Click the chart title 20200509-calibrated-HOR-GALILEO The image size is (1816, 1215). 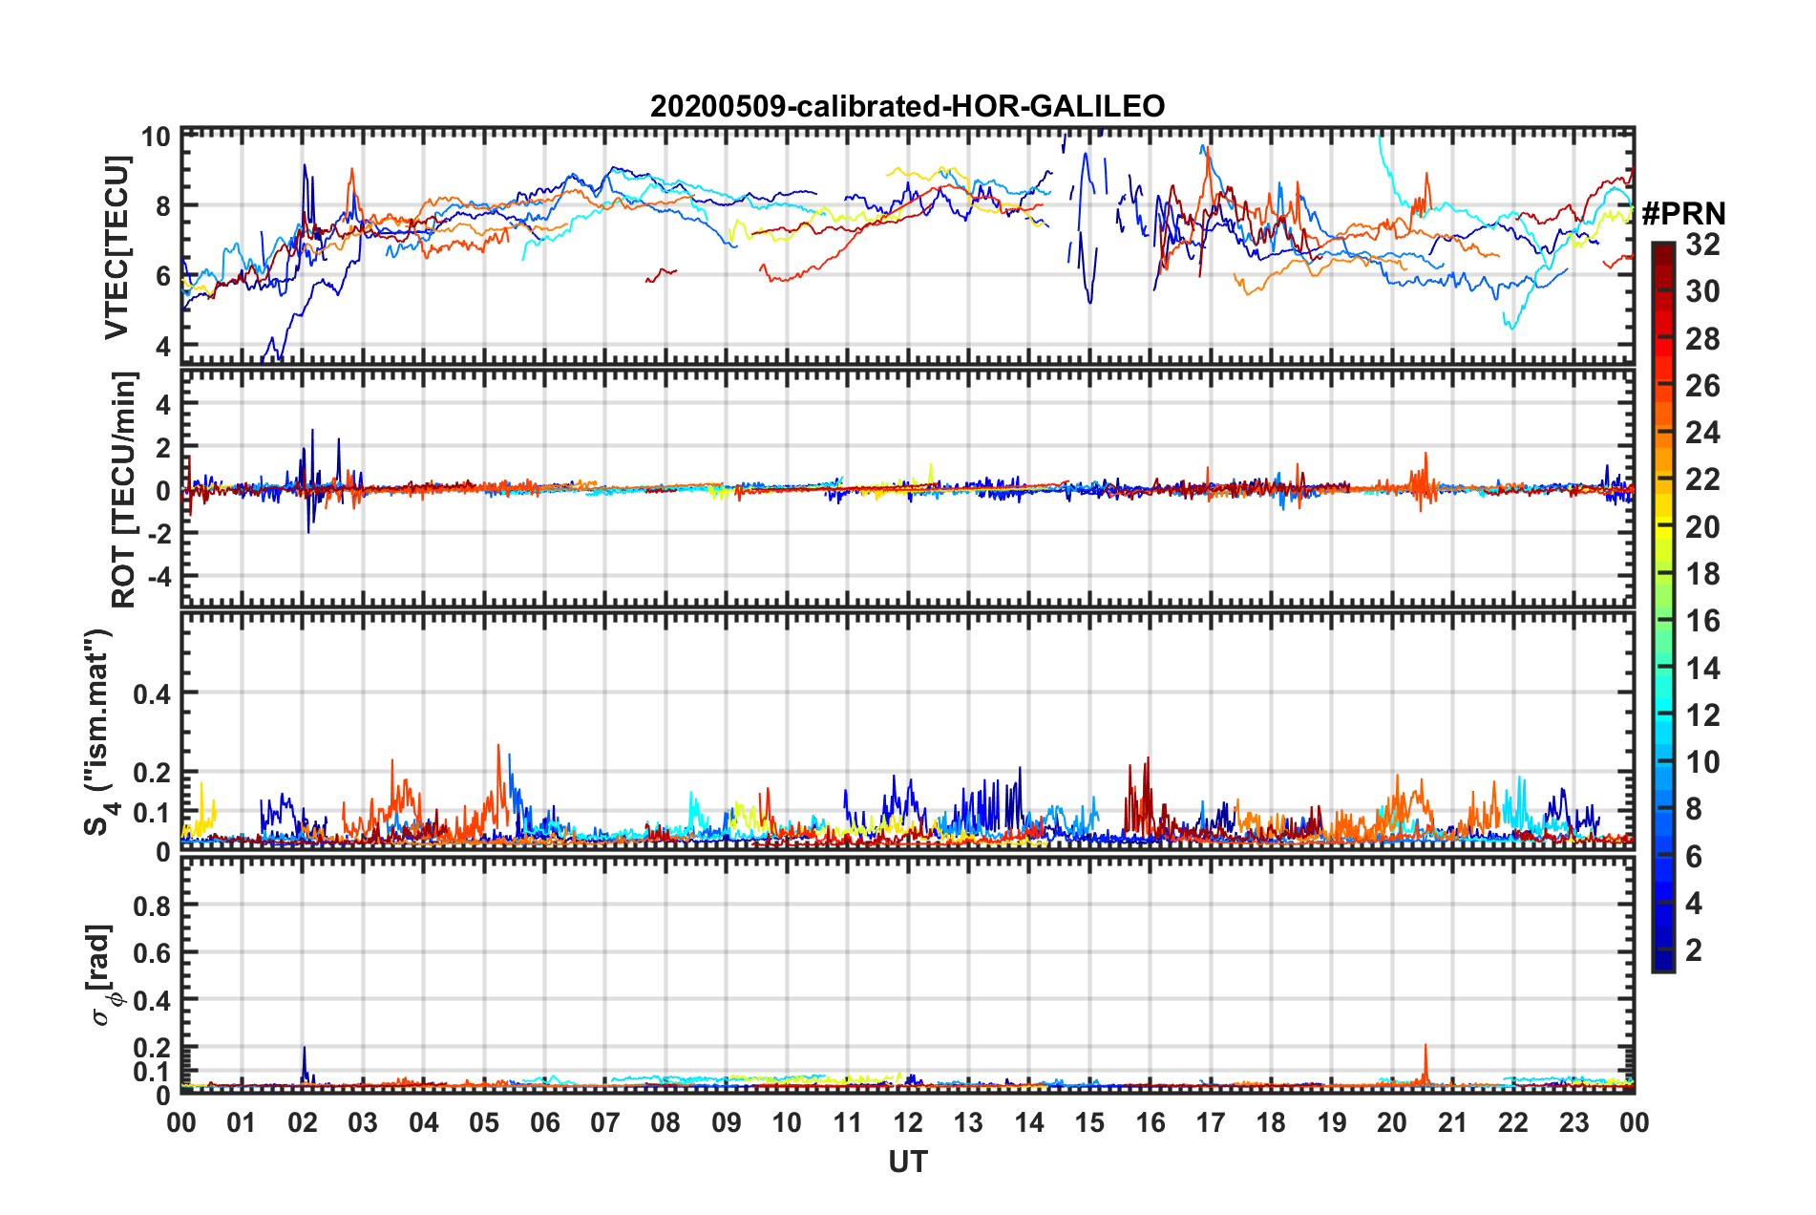pyautogui.click(x=907, y=106)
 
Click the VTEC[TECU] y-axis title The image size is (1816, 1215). pyautogui.click(x=116, y=247)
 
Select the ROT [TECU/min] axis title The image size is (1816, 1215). pyautogui.click(x=124, y=490)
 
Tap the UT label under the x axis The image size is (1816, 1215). pyautogui.click(x=907, y=1162)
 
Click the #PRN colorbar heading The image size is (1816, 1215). pyautogui.click(x=1683, y=214)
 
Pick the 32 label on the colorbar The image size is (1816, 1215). pyautogui.click(x=1702, y=245)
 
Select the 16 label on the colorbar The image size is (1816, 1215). pyautogui.click(x=1702, y=621)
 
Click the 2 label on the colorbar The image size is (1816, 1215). pyautogui.click(x=1694, y=949)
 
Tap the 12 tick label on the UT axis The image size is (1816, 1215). pyautogui.click(x=908, y=1122)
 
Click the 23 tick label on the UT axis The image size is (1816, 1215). pyautogui.click(x=1573, y=1122)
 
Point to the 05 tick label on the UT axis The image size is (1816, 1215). pyautogui.click(x=484, y=1122)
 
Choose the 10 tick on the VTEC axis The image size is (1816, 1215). pyautogui.click(x=156, y=137)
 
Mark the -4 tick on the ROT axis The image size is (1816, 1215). pyautogui.click(x=157, y=577)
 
